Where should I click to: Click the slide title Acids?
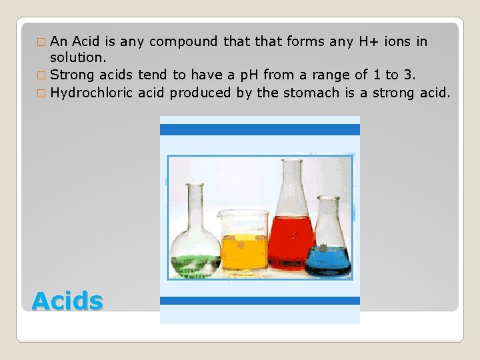pyautogui.click(x=67, y=301)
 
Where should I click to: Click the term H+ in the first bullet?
pyautogui.click(x=369, y=42)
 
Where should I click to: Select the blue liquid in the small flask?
pyautogui.click(x=328, y=260)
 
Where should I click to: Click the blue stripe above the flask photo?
pyautogui.click(x=260, y=129)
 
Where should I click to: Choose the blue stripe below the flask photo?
pyautogui.click(x=260, y=301)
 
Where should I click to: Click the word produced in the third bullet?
pyautogui.click(x=201, y=93)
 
